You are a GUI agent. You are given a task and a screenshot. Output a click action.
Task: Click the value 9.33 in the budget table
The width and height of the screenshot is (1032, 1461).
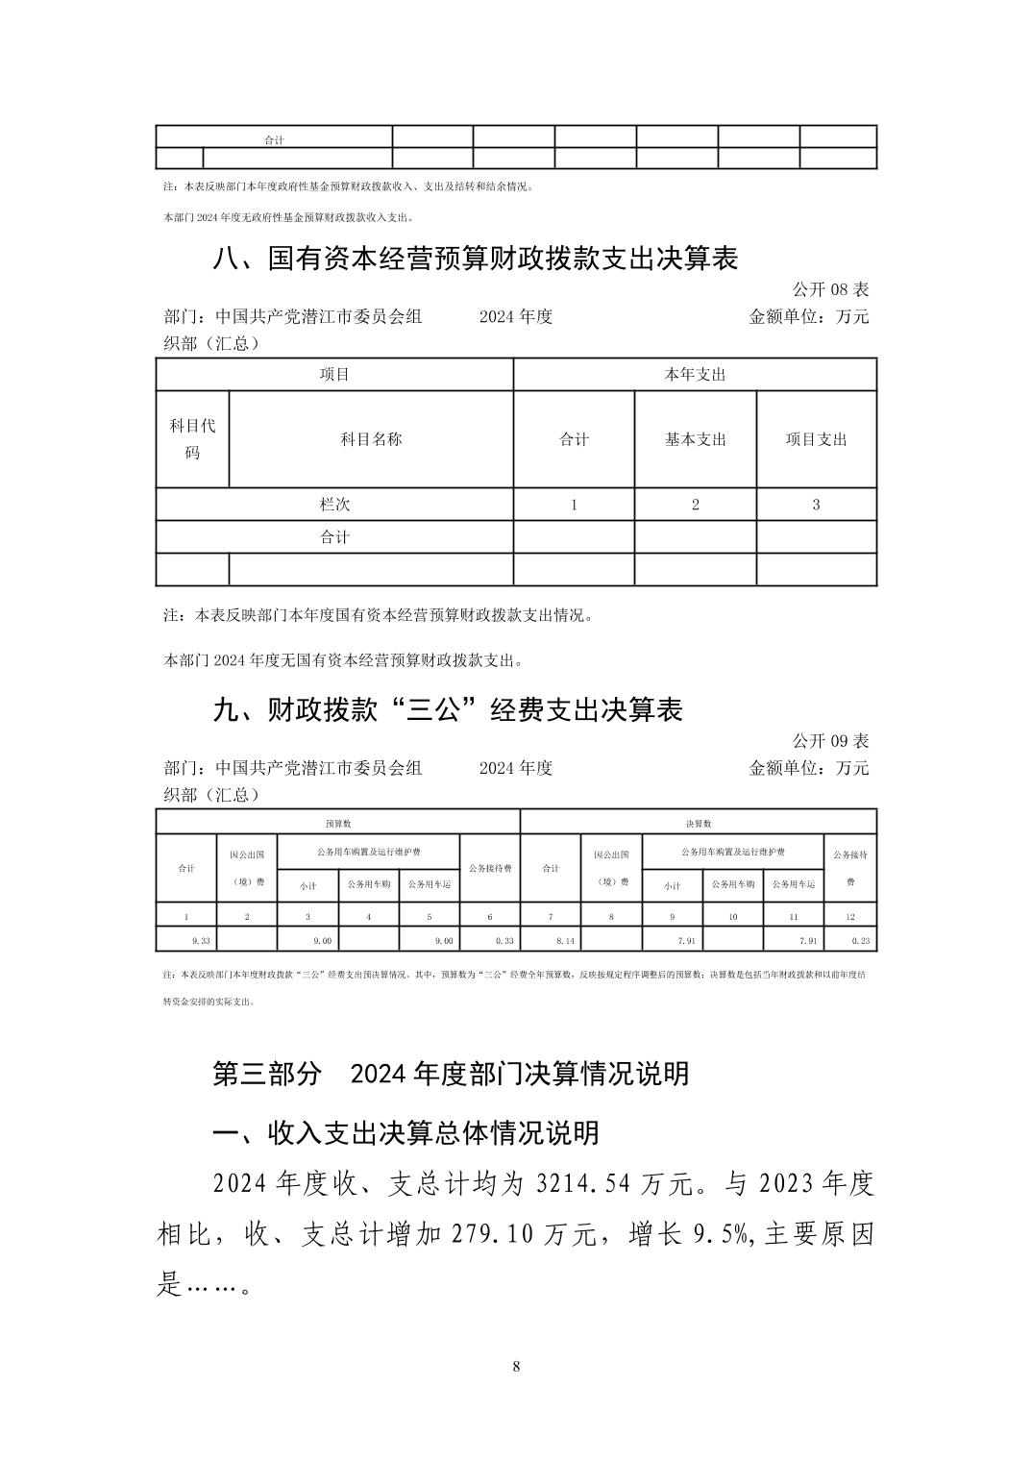(201, 941)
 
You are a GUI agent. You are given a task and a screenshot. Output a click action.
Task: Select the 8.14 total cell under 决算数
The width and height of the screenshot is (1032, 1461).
(565, 941)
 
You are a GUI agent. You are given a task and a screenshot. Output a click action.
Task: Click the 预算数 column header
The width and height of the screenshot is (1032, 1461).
(337, 824)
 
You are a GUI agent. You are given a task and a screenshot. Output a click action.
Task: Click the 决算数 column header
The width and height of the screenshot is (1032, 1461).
(698, 824)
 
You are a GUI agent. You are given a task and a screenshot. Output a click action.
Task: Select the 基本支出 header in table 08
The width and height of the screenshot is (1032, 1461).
(695, 439)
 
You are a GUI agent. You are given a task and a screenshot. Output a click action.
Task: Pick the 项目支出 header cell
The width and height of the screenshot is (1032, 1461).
(816, 439)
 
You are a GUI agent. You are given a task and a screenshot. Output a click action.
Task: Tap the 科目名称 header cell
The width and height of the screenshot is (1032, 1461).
(371, 439)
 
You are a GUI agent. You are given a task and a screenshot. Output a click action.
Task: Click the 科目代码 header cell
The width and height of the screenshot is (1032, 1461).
(192, 438)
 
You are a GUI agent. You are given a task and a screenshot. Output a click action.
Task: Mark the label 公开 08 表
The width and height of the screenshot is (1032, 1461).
(830, 288)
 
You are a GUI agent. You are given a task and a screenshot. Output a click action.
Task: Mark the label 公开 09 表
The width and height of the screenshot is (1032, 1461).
(830, 740)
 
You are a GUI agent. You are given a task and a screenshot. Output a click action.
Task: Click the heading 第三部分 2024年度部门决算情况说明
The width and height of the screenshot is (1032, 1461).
(450, 1073)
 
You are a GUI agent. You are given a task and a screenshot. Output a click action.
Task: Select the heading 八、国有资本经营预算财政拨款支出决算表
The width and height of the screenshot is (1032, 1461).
(476, 258)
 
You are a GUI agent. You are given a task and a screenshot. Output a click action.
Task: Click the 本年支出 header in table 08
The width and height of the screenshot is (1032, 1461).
(695, 375)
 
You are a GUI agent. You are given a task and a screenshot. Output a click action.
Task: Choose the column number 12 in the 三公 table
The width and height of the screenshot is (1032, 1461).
(849, 917)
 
